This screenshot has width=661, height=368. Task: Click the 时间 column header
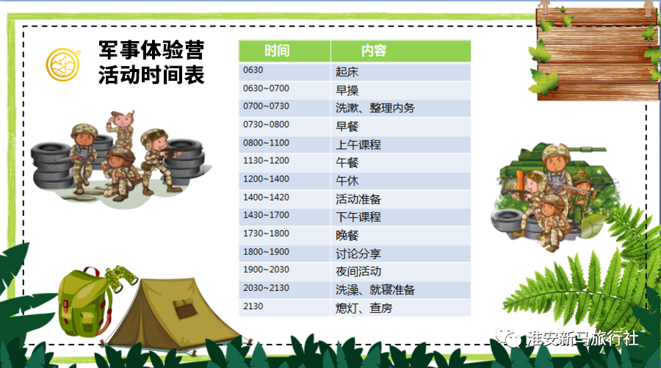click(284, 51)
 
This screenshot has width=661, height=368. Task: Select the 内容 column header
click(401, 51)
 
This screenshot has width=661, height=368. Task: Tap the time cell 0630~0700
click(284, 90)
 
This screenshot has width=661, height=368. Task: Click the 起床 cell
click(401, 72)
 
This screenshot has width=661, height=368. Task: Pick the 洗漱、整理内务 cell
click(401, 108)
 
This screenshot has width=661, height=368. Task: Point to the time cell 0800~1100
click(284, 144)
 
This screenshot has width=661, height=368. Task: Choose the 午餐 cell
click(401, 162)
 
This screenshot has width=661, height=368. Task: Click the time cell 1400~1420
click(284, 198)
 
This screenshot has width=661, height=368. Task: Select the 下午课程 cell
click(401, 217)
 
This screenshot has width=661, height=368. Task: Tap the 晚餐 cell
click(401, 235)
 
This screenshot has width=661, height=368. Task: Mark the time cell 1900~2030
click(284, 271)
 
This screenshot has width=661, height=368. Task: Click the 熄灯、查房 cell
click(401, 308)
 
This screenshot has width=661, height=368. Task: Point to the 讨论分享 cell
click(401, 253)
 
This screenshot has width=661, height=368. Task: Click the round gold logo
click(63, 65)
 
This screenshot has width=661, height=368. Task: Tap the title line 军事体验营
click(151, 50)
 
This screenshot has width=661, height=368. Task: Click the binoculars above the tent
click(121, 278)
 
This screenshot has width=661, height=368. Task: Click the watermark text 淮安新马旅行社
click(582, 339)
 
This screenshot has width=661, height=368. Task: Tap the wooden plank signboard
click(597, 54)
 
